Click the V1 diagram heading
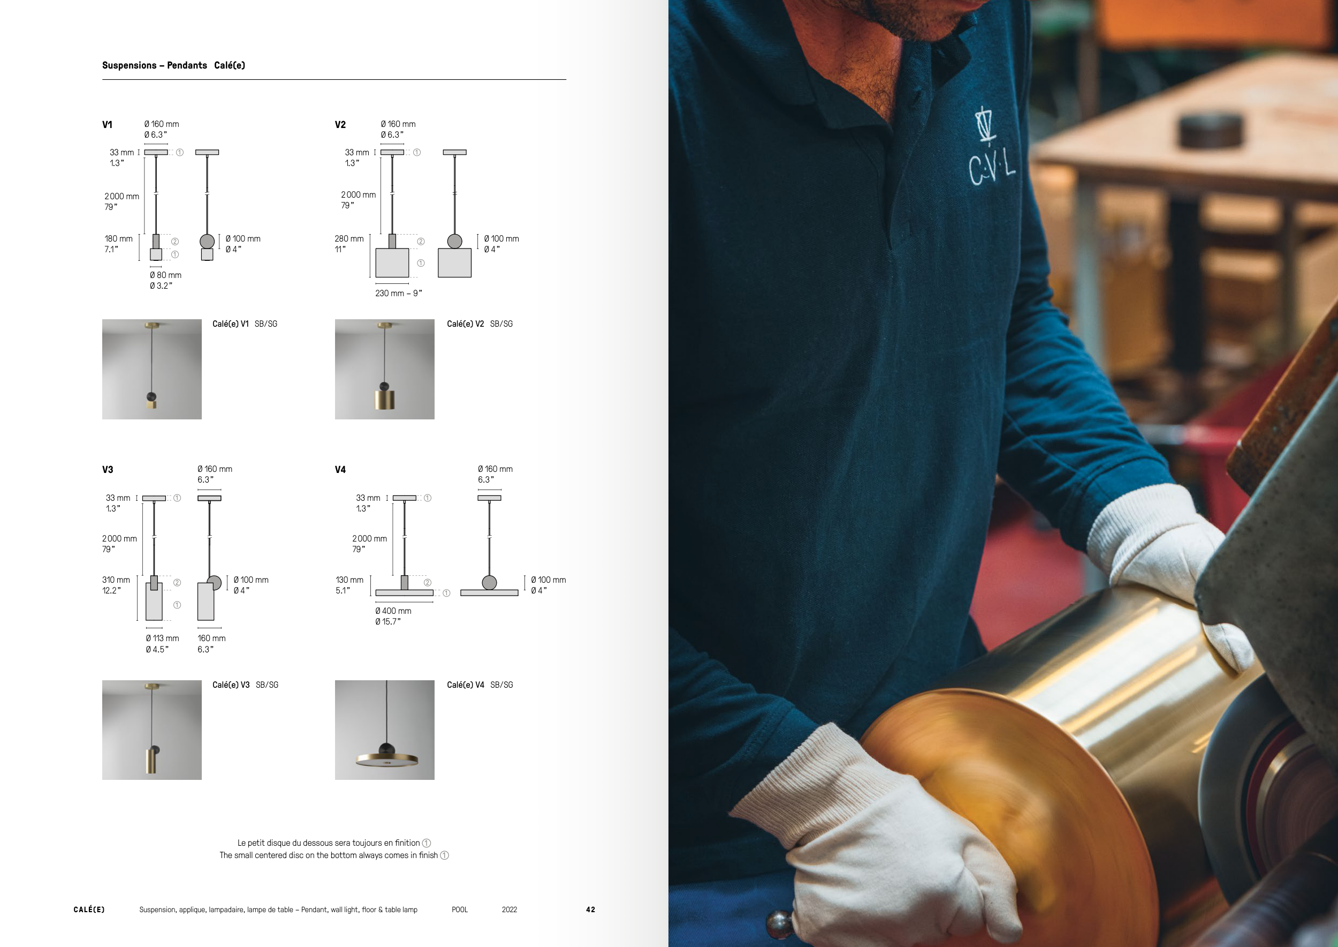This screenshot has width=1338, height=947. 107,125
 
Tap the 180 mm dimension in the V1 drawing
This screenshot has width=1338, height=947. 118,244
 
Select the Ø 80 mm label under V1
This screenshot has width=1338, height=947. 165,281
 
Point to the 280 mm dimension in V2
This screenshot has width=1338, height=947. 349,244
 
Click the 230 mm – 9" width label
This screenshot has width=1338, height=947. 399,294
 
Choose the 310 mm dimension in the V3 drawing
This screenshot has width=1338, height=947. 116,585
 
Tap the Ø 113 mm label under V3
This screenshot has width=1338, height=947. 163,644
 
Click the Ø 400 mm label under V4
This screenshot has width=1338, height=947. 393,617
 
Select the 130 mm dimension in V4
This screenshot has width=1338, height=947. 349,585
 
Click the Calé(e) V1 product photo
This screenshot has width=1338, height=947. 152,369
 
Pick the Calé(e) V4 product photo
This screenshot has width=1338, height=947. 385,730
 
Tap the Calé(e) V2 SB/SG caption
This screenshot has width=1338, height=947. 480,324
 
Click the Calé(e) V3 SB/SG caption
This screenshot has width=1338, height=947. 245,685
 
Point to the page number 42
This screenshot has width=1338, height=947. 591,910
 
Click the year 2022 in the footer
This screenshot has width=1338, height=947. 510,910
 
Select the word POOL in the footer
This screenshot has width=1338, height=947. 460,910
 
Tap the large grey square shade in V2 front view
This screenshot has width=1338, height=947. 392,263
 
